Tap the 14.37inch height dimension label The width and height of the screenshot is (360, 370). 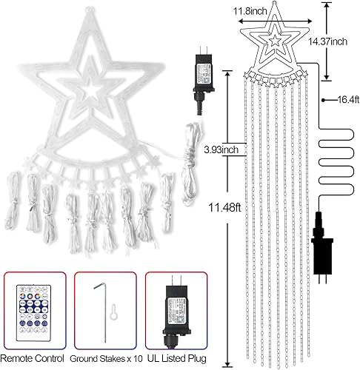coord(339,41)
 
